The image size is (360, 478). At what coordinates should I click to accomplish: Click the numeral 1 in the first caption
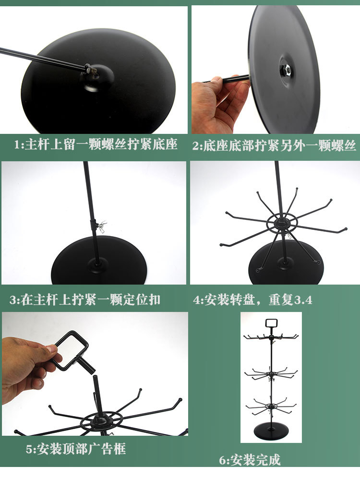(x=17, y=144)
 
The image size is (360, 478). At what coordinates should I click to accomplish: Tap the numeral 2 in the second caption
(x=195, y=146)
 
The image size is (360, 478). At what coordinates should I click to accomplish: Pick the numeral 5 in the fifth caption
(x=29, y=449)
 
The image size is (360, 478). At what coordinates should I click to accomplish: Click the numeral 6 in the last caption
(x=223, y=460)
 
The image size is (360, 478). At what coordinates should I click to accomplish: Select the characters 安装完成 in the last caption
(x=255, y=460)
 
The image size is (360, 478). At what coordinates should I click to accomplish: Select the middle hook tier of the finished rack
(x=271, y=373)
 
